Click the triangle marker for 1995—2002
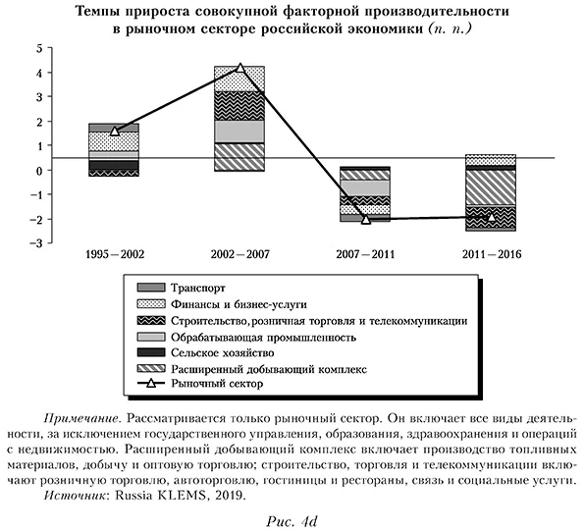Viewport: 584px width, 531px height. [115, 131]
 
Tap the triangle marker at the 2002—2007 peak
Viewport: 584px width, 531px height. [240, 68]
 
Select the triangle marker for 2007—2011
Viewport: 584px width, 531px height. [365, 219]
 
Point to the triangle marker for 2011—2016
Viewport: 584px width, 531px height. [491, 216]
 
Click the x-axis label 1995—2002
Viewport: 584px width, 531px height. [114, 254]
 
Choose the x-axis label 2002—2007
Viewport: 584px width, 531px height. [239, 254]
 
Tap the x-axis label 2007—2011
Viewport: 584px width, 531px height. [365, 254]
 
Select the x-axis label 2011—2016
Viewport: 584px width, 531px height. [491, 254]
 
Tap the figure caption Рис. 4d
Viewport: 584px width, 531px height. [292, 519]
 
